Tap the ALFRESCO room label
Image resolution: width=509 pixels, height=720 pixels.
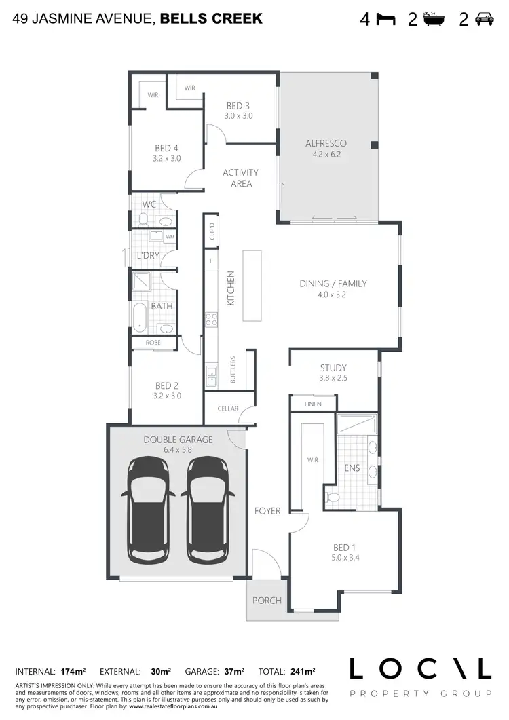[x=326, y=143]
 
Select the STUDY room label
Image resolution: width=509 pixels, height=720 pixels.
[x=333, y=368]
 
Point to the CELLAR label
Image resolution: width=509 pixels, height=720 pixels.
[x=228, y=409]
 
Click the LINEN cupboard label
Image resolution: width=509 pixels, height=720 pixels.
[x=313, y=404]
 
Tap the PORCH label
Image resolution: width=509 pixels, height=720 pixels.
[x=267, y=600]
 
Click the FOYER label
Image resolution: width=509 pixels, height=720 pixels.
[x=267, y=510]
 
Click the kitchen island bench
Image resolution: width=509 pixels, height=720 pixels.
[x=252, y=286]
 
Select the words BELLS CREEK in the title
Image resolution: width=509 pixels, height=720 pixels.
[x=211, y=19]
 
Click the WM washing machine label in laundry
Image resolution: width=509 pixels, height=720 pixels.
[x=169, y=237]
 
